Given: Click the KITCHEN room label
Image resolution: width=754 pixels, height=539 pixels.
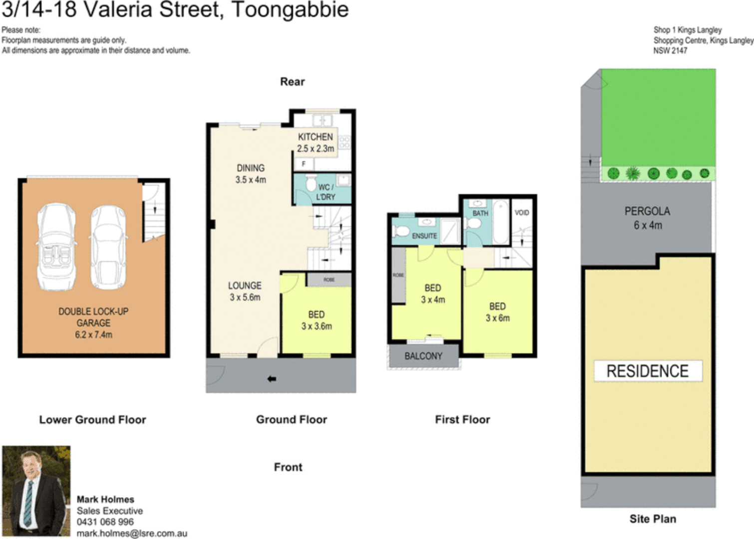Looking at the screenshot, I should click(315, 137).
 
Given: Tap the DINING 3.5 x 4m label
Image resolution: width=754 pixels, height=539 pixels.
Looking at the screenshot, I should click(251, 174).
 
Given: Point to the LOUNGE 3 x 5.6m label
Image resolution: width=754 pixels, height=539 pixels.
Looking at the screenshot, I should click(245, 291).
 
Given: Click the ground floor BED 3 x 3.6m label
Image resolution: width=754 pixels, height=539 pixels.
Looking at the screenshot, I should click(317, 320).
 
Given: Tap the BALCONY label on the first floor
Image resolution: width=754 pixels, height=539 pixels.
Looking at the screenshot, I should click(423, 356).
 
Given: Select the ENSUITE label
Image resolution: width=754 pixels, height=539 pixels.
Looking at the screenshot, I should click(424, 236).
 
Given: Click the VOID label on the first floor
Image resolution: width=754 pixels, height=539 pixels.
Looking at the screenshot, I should click(522, 213).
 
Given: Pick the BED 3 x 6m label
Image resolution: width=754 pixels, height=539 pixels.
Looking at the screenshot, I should click(497, 312).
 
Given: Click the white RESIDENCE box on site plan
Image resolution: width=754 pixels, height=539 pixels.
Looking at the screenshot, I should click(648, 371).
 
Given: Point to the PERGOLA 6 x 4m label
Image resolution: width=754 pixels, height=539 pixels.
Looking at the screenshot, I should click(648, 218).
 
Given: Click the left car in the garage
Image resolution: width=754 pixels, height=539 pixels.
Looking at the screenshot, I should click(57, 247).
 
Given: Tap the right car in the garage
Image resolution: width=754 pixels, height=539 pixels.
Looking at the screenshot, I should click(108, 247).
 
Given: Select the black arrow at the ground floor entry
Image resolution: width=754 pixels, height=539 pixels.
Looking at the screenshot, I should click(272, 379).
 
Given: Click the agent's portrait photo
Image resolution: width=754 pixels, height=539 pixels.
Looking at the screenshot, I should click(36, 491).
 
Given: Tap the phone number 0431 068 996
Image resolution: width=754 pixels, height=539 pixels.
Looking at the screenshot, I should click(105, 522).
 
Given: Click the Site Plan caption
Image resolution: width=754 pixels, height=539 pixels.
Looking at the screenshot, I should click(653, 519).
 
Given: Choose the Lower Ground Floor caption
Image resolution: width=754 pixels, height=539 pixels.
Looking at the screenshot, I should click(93, 420).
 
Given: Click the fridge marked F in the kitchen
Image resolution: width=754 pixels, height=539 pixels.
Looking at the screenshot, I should click(304, 164).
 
